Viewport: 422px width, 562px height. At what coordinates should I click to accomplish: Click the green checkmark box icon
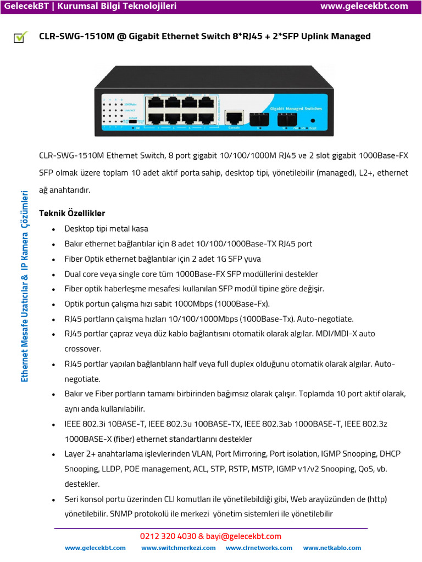[20, 37]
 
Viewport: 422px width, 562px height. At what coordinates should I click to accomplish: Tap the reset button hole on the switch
[313, 120]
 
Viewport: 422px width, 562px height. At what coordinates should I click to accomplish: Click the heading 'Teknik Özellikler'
[71, 213]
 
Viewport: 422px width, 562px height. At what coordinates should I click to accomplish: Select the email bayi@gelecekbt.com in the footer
[244, 536]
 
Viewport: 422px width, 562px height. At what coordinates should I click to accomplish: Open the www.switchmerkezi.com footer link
[178, 548]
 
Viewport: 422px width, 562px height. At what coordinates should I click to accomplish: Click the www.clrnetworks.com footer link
[259, 548]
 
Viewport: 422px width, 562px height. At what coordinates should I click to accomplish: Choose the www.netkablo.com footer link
[332, 548]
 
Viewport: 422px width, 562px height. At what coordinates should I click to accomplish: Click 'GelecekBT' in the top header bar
[24, 6]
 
